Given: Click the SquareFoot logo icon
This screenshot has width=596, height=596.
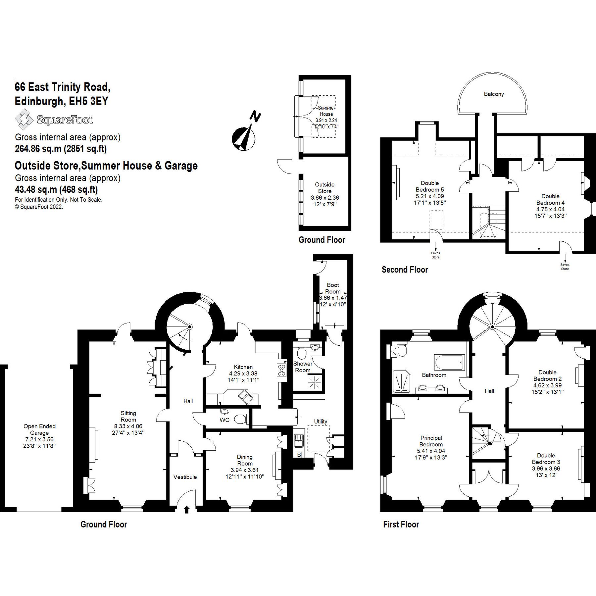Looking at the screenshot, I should [x=24, y=120].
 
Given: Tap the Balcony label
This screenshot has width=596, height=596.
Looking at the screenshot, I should [x=494, y=94].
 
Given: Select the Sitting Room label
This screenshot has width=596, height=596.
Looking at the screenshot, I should [x=128, y=416].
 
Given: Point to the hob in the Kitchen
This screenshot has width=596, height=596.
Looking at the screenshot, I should [x=281, y=370].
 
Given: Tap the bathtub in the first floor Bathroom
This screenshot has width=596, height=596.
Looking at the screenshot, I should [x=449, y=363].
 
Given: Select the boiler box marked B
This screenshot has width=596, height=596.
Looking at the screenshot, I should [x=299, y=455].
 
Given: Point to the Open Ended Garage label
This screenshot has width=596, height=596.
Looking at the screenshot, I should [x=39, y=429].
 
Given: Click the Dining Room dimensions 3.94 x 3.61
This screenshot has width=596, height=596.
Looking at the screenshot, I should [x=245, y=470].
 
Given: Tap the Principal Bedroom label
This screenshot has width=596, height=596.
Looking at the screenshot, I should [x=431, y=441].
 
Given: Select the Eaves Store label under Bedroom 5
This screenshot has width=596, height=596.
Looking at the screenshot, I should [x=435, y=255].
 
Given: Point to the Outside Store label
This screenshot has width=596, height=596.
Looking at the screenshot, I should [x=324, y=188].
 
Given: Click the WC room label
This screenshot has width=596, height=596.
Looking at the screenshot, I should [x=224, y=420].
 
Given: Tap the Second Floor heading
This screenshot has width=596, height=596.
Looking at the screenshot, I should [x=405, y=270].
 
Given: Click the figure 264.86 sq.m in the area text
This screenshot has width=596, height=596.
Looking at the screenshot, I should [x=38, y=149].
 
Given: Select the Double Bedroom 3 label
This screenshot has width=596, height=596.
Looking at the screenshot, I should [x=546, y=459].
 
